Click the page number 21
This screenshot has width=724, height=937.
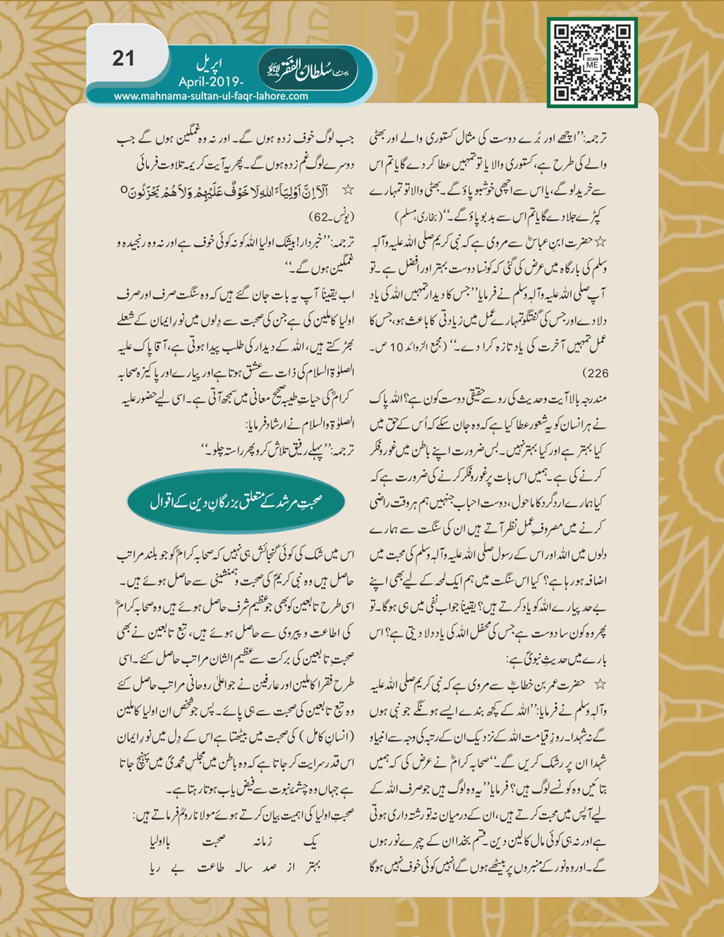click(x=123, y=59)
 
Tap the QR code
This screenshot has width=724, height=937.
click(x=592, y=62)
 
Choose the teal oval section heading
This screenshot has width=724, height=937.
click(x=236, y=502)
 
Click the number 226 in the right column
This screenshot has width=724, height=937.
click(x=596, y=373)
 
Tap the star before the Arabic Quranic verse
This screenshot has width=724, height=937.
click(x=346, y=190)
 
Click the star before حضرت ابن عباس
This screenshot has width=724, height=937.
click(x=601, y=242)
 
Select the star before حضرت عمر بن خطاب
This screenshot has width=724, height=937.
click(x=601, y=684)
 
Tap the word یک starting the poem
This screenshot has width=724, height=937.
click(x=311, y=842)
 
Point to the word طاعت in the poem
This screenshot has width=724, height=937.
click(x=210, y=868)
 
